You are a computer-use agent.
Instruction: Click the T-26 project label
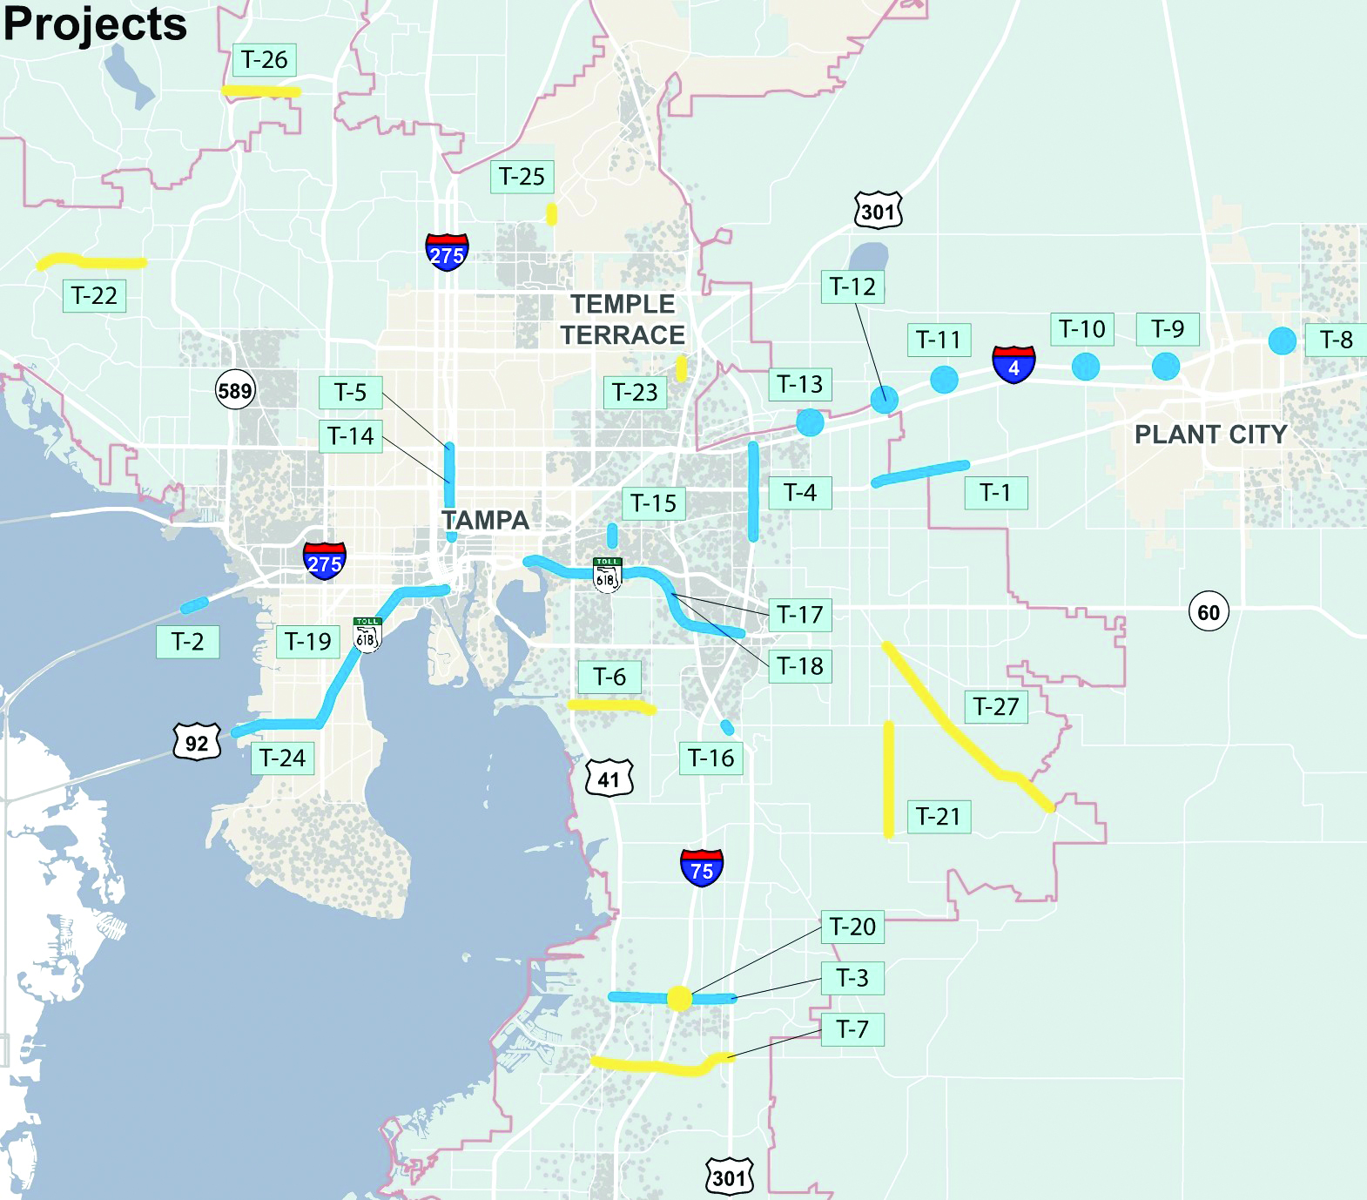tap(264, 60)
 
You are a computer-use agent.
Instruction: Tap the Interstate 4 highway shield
tap(1013, 364)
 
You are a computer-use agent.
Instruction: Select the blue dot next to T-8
tap(1282, 340)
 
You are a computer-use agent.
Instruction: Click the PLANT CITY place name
tap(1210, 435)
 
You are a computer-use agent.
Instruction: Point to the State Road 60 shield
tap(1209, 612)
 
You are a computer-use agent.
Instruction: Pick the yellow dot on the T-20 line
tap(679, 998)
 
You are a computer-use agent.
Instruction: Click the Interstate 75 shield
tap(701, 867)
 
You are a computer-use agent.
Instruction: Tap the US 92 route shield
tap(197, 742)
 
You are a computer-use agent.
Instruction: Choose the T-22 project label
tap(94, 296)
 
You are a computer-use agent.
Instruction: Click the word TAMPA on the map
tap(485, 521)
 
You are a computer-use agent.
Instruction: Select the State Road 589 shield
tap(235, 391)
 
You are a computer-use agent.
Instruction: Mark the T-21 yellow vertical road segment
tap(888, 779)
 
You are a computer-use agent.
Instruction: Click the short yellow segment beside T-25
tap(552, 213)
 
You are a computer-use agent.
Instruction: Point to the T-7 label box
tap(852, 1029)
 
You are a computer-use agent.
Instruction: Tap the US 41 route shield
tap(609, 779)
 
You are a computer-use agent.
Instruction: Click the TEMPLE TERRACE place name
tap(623, 320)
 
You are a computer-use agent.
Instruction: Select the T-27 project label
tap(996, 706)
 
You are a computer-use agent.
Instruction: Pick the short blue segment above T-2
tap(194, 604)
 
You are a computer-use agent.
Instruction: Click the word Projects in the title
tap(95, 24)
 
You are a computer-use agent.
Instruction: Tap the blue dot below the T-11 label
tap(944, 379)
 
